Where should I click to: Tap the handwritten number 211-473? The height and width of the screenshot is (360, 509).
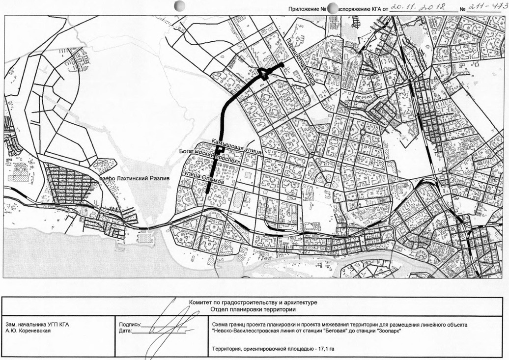[488, 7]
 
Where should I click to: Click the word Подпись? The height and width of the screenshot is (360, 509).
[130, 325]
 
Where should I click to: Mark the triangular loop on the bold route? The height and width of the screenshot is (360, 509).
[263, 74]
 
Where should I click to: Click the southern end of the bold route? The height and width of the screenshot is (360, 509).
[207, 192]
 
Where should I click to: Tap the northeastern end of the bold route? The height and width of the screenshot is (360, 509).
[283, 64]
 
